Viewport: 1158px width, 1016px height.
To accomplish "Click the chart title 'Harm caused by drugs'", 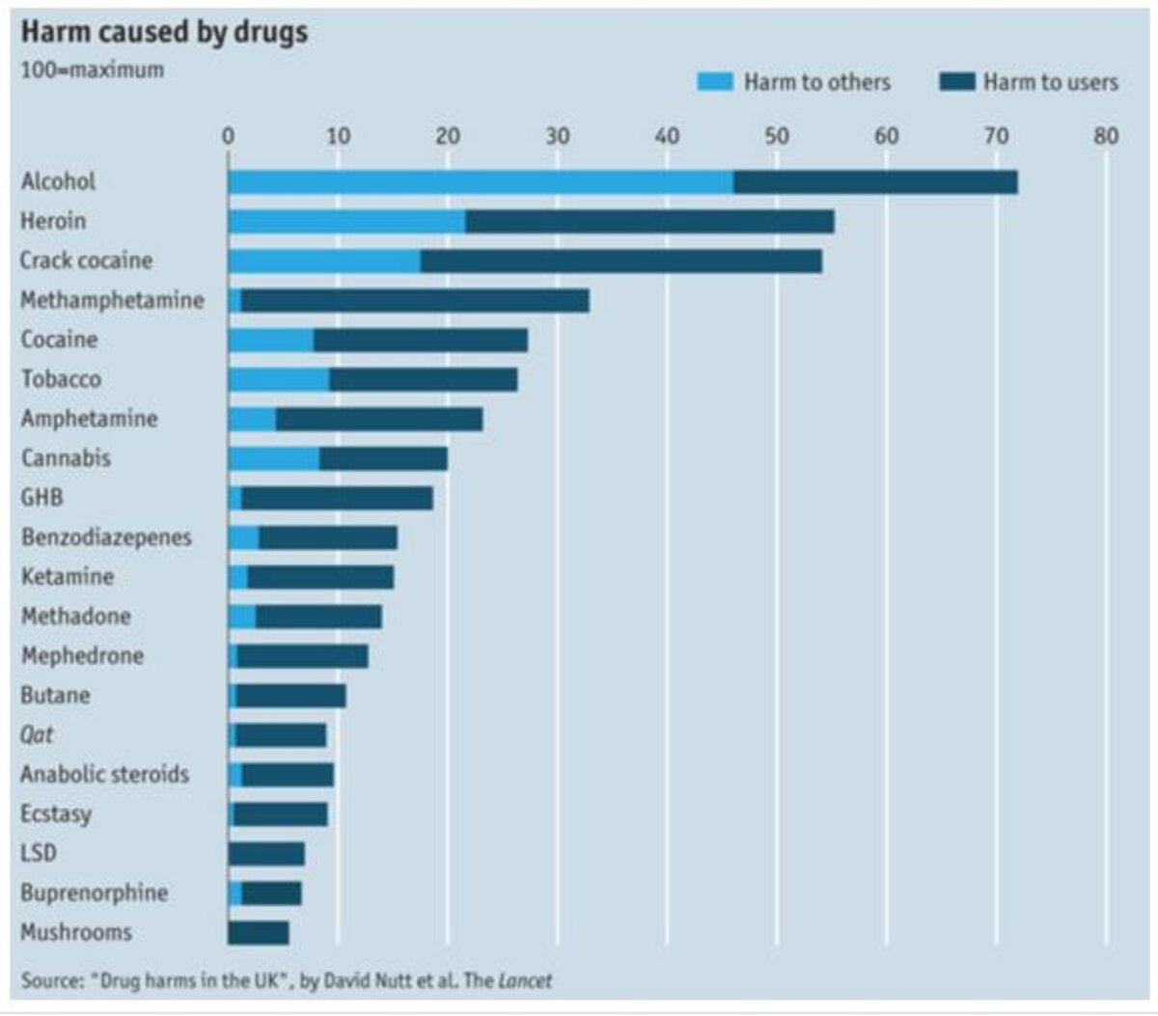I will (x=164, y=32).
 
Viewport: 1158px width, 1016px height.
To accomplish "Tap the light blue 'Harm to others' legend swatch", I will (x=715, y=82).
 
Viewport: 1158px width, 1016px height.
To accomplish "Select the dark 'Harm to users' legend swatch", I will (x=956, y=82).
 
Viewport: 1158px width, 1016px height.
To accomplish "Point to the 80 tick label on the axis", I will (x=1106, y=135).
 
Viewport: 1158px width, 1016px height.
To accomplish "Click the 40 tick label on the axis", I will (x=667, y=135).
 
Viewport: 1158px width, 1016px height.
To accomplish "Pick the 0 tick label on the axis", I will (x=228, y=135).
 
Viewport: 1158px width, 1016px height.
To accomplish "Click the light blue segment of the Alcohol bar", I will (x=481, y=181).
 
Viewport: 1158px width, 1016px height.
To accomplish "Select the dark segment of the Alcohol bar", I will (x=875, y=181).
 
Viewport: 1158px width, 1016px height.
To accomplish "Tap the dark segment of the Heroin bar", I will (x=649, y=221).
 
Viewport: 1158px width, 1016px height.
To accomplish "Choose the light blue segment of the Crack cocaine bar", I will (x=324, y=261).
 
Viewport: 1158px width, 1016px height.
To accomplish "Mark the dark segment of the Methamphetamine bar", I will (x=415, y=300).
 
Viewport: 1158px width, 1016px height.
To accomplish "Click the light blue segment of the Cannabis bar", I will (x=274, y=458).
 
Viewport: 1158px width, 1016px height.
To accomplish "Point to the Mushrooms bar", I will (x=259, y=932).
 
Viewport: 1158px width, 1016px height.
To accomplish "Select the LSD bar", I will (x=266, y=853).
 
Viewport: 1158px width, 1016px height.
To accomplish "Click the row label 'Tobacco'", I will (x=61, y=379).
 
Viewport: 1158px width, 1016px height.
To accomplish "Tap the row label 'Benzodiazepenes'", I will (x=106, y=537).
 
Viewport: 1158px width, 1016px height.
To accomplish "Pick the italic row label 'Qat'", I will (x=37, y=735).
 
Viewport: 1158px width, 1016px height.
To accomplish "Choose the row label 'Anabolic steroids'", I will (x=104, y=775).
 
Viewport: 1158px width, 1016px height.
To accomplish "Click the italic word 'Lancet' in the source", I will (x=525, y=981).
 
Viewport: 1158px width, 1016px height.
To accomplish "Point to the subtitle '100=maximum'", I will (x=92, y=70).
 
